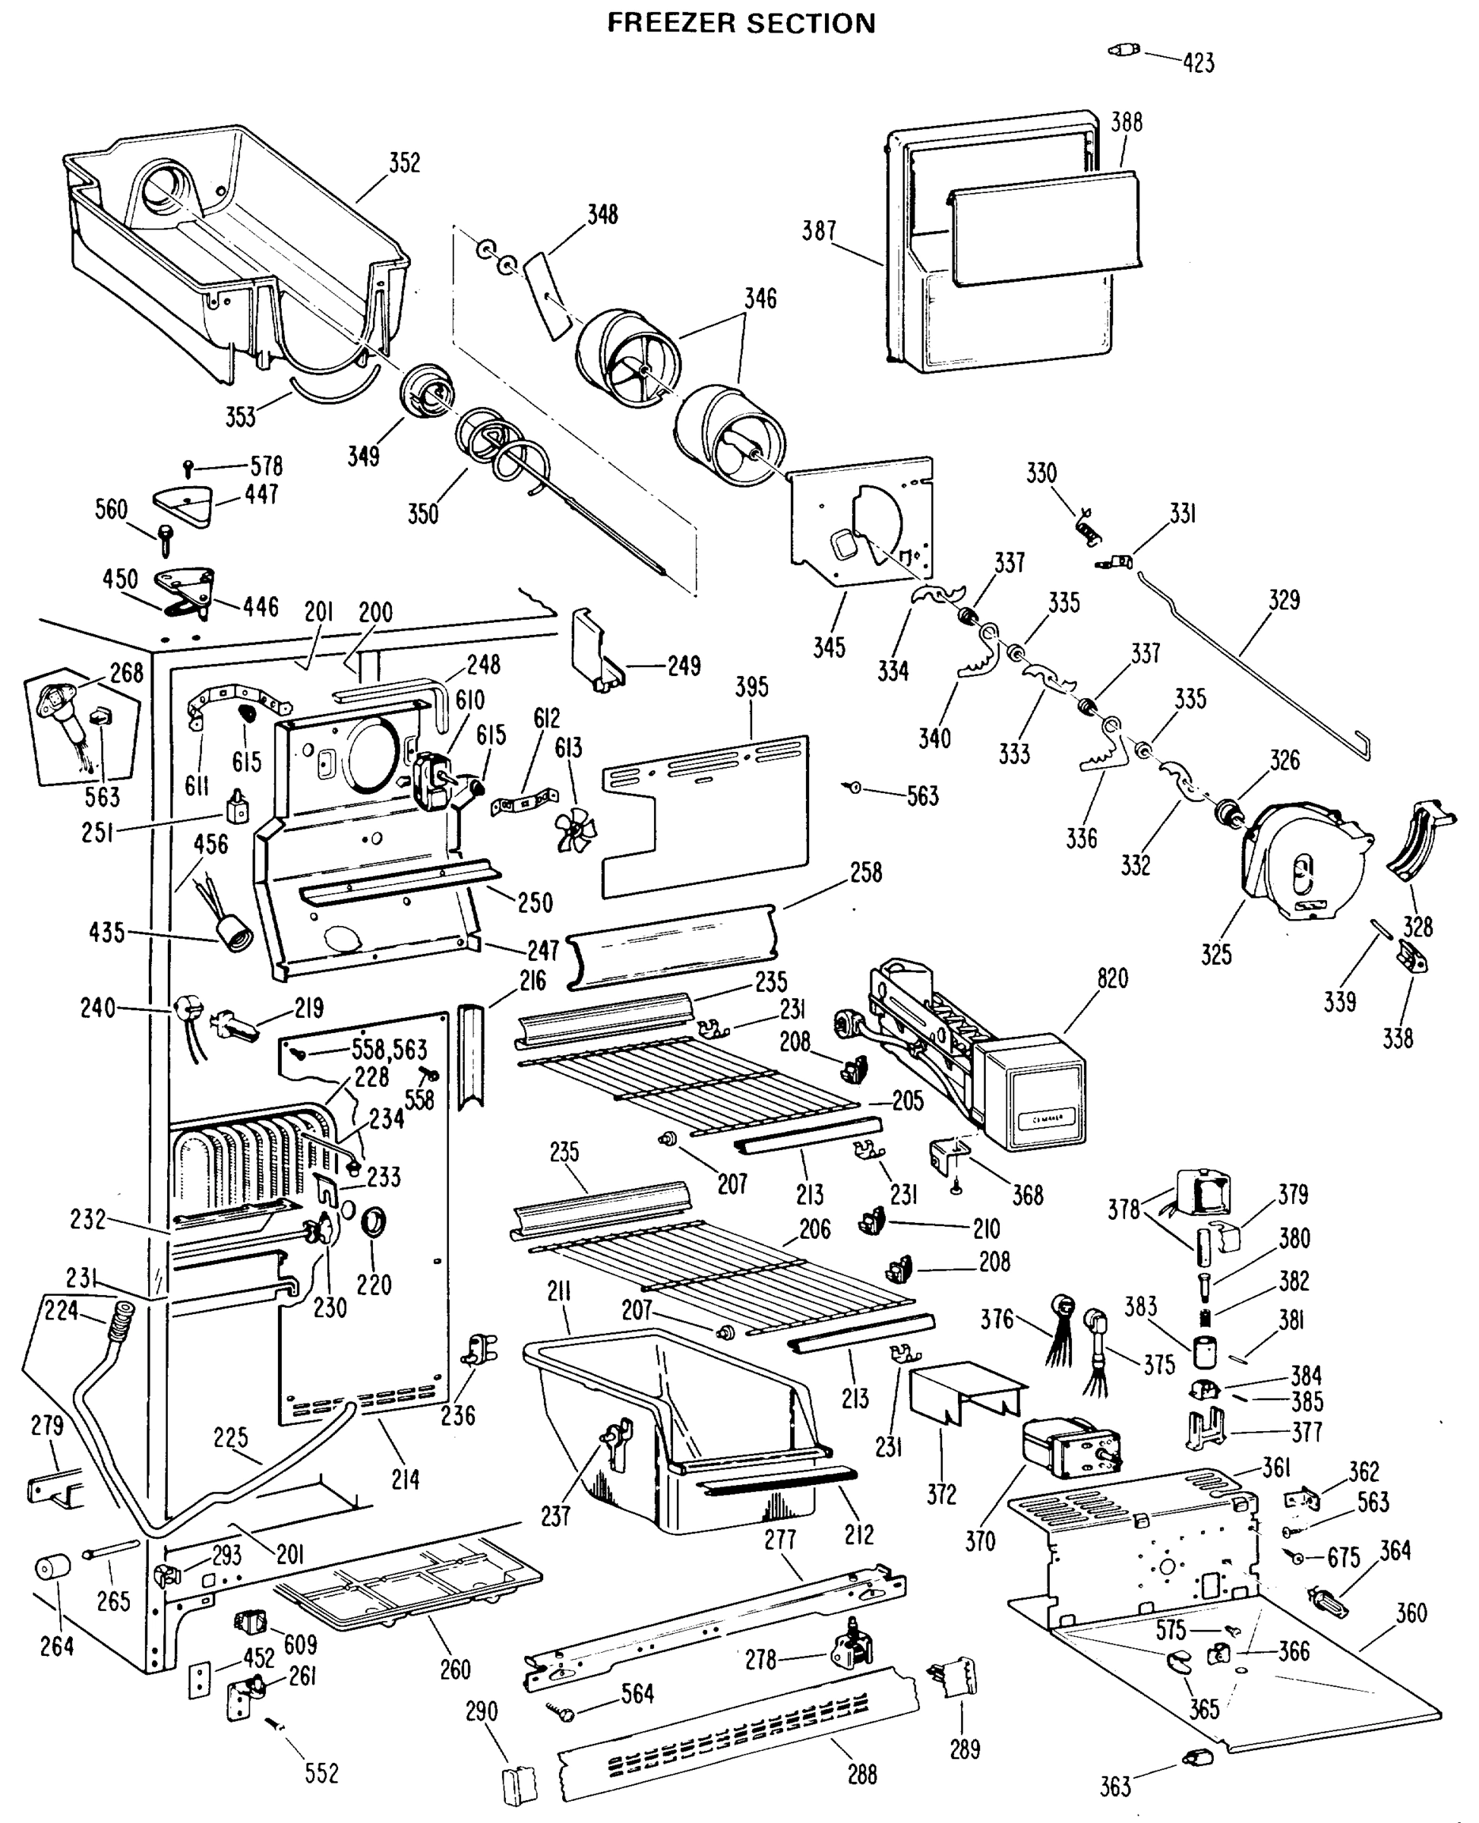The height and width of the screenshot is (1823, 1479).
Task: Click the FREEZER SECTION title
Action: pos(741,23)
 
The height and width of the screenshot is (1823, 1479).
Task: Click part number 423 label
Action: pos(1198,62)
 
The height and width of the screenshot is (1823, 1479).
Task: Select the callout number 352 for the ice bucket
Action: pos(404,163)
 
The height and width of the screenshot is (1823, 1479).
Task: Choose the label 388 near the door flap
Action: pos(1126,122)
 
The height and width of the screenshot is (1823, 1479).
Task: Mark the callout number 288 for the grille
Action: pos(862,1774)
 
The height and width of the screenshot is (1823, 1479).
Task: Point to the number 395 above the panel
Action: pos(751,687)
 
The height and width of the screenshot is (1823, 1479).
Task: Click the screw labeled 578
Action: pos(189,467)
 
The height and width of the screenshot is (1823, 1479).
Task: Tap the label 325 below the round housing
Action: pos(1215,954)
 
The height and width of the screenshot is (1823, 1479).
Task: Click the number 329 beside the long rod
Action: pos(1284,600)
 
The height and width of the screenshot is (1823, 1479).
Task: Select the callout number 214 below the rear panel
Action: pos(405,1479)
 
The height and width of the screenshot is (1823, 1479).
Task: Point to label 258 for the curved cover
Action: pos(865,872)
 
